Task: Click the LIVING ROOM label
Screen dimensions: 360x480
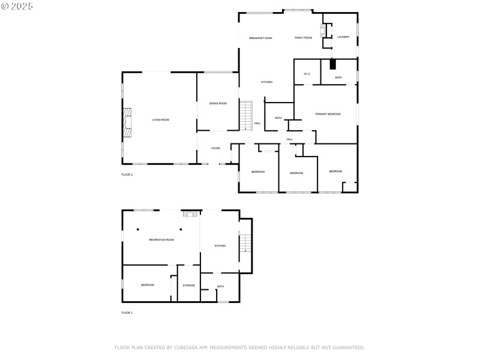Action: [x=160, y=120]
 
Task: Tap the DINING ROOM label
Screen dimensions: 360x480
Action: [x=218, y=104]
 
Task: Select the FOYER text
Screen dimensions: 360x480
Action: [x=215, y=148]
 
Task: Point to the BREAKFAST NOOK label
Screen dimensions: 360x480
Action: [x=260, y=38]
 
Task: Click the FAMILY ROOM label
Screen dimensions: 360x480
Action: [x=303, y=38]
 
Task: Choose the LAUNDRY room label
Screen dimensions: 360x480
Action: [x=343, y=37]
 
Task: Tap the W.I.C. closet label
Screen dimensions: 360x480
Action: [x=307, y=74]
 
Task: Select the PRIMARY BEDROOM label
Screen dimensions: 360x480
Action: [x=328, y=114]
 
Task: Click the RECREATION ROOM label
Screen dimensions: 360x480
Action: [x=161, y=240]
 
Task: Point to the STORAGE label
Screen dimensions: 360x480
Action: [x=189, y=286]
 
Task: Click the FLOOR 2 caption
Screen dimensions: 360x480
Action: [x=127, y=175]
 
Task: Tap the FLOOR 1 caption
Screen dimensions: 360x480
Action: [x=127, y=313]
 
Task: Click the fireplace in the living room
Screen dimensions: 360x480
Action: [x=127, y=120]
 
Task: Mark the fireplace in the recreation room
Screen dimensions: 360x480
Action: [x=190, y=214]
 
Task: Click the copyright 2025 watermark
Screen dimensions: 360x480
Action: [x=17, y=6]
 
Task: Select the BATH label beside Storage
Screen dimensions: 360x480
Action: [x=220, y=286]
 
